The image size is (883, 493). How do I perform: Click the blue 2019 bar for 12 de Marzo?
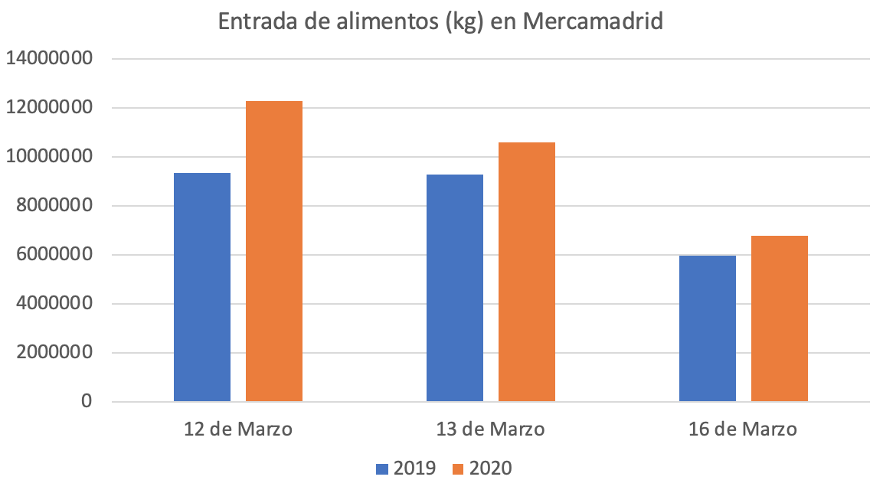point(202,287)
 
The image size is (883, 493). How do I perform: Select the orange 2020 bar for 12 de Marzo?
point(274,251)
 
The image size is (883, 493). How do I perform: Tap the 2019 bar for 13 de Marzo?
point(455,288)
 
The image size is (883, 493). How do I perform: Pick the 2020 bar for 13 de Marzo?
point(527,272)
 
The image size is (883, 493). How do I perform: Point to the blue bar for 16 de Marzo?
point(708,328)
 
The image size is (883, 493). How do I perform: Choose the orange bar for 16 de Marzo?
point(780,318)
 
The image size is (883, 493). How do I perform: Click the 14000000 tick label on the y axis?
point(49,59)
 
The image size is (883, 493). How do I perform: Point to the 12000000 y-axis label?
point(49,108)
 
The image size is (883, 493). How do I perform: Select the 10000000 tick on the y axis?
point(49,157)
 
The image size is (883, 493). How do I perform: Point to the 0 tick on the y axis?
point(86,402)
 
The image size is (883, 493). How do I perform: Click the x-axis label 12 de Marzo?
point(238,429)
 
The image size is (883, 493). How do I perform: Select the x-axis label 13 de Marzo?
point(491,429)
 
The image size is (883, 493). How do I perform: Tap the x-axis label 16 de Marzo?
point(744,429)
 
